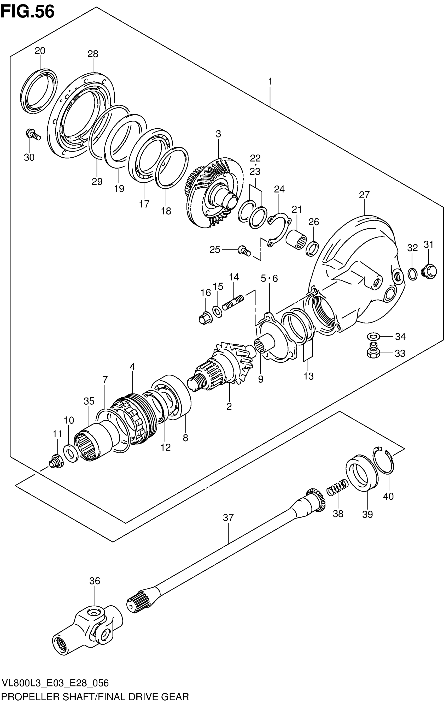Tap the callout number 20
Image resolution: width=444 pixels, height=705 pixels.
coord(40,51)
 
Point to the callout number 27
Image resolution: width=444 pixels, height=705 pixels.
coord(364,195)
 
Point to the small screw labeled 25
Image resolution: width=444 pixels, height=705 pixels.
coord(244,250)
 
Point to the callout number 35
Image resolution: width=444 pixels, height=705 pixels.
coord(89,401)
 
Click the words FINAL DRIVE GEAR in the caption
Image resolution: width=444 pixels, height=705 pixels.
coord(143,697)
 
